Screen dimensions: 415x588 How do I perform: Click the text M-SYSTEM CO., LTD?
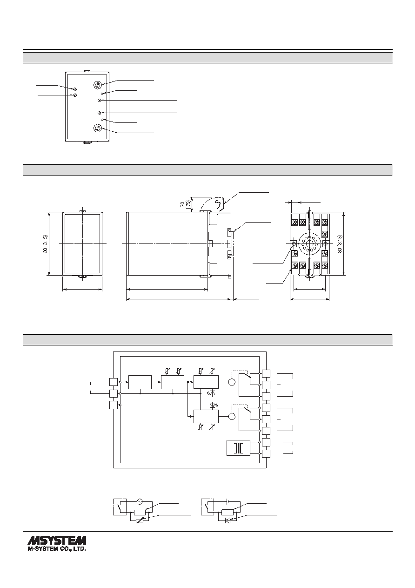pos(57,548)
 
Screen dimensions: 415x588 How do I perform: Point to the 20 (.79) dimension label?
pos(186,204)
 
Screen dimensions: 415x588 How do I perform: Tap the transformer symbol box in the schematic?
pos(238,448)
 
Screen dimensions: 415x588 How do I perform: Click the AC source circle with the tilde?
pos(139,501)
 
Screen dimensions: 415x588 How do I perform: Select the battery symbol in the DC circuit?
pos(227,501)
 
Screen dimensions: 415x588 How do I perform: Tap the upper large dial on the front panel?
pos(98,85)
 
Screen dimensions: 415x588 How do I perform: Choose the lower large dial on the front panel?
pos(98,128)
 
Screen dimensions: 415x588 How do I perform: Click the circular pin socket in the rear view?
pos(309,244)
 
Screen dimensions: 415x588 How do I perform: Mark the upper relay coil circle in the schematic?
pos(232,382)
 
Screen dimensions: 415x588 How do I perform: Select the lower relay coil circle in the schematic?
pos(232,416)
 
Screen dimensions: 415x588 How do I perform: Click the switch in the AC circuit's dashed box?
pos(120,507)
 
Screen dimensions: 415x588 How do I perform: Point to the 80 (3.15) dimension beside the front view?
pos(45,244)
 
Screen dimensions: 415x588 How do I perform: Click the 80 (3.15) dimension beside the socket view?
pos(340,244)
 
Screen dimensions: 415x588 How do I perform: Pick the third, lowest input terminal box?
pos(114,405)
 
